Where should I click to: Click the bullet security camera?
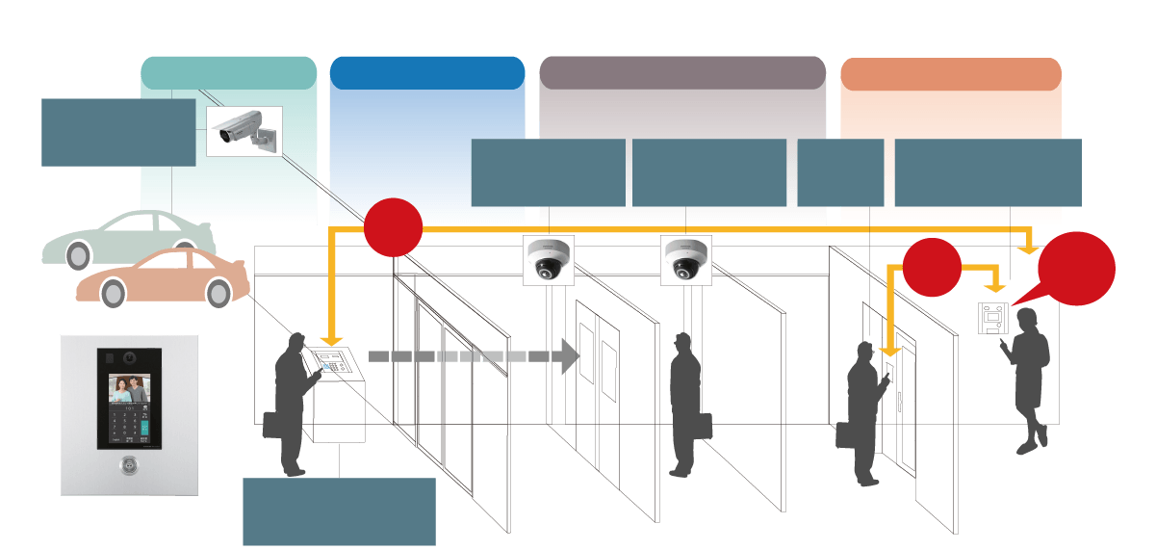pyautogui.click(x=244, y=130)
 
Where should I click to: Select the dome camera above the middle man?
pyautogui.click(x=685, y=260)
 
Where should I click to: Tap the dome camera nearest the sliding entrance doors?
pyautogui.click(x=548, y=260)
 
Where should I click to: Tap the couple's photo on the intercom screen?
pyautogui.click(x=129, y=389)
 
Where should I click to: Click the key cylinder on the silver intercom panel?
pyautogui.click(x=129, y=466)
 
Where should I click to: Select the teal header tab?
pyautogui.click(x=228, y=73)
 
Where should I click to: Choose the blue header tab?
pyautogui.click(x=426, y=73)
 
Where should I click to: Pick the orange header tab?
pyautogui.click(x=950, y=74)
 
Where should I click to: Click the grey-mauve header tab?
pyautogui.click(x=682, y=73)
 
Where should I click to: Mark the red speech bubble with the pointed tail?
pyautogui.click(x=1076, y=269)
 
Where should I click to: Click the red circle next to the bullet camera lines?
pyautogui.click(x=393, y=227)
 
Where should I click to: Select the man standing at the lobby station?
pyautogui.click(x=289, y=405)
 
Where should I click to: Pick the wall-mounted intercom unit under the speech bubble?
pyautogui.click(x=992, y=317)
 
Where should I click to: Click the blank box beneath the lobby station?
pyautogui.click(x=339, y=511)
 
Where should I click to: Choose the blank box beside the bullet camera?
pyautogui.click(x=118, y=132)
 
